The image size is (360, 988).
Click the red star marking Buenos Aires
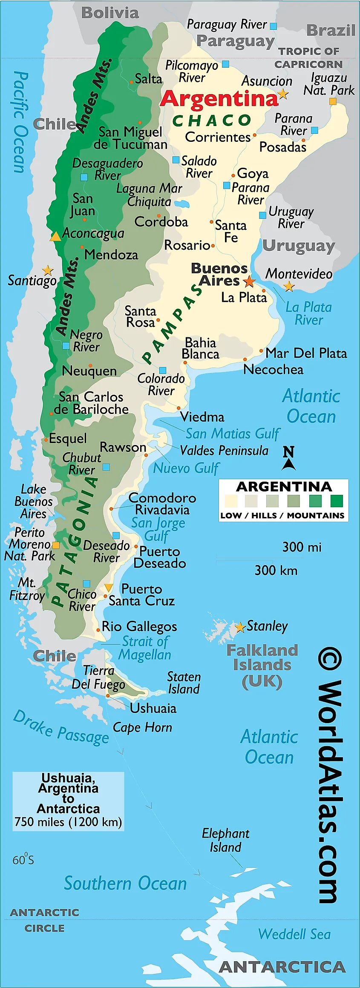tap(249, 281)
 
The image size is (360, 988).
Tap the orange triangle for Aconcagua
tap(55, 236)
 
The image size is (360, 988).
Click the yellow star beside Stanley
tap(240, 627)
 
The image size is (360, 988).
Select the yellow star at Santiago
tap(48, 270)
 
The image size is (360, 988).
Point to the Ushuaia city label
tap(153, 708)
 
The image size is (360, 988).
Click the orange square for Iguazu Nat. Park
tap(333, 101)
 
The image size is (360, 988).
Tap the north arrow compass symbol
tap(288, 458)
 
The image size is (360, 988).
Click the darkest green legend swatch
tap(337, 501)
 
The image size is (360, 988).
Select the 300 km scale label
tap(276, 570)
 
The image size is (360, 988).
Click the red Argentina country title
tap(219, 99)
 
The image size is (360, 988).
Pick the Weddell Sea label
tap(294, 934)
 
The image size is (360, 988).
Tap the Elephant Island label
tap(225, 840)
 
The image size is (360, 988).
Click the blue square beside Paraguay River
tap(274, 26)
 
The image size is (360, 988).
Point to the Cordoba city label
tap(161, 222)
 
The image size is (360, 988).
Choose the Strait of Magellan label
tap(145, 648)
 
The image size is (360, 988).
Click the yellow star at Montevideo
tap(289, 286)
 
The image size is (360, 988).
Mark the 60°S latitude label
tap(23, 859)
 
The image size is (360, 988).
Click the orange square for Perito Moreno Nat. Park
tap(56, 545)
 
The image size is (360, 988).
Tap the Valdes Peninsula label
tap(224, 451)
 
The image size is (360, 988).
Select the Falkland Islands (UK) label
tap(262, 665)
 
